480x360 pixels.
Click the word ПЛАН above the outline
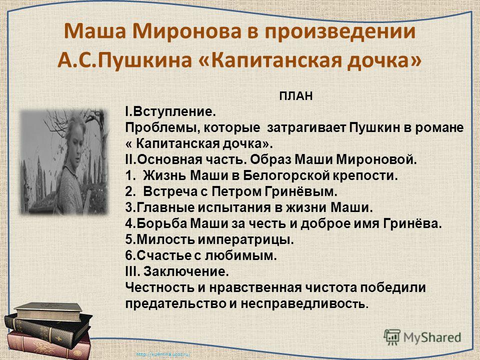[295, 96]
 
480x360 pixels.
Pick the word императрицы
[246, 239]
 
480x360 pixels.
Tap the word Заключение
[186, 271]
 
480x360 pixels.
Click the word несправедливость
[303, 303]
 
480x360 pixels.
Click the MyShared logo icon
[392, 337]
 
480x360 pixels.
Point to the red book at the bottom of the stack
[49, 347]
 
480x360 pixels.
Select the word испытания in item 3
[234, 207]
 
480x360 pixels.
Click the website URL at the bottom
[163, 354]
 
